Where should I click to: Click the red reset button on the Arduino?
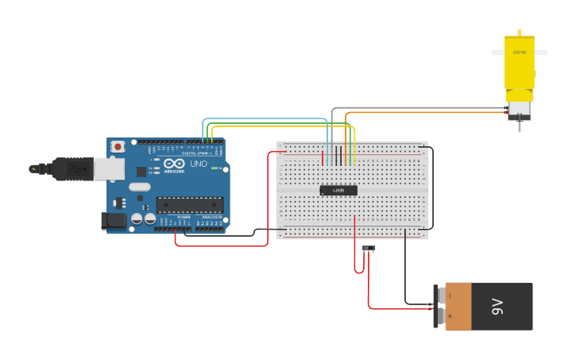tap(118, 147)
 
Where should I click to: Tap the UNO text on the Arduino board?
tap(198, 165)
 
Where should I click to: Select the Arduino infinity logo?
tap(174, 164)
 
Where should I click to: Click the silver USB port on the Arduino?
tap(109, 168)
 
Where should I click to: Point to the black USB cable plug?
tap(72, 168)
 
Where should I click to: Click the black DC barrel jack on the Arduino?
tap(114, 221)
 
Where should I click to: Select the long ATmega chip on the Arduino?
tap(189, 204)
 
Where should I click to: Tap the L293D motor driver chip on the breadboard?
tap(338, 190)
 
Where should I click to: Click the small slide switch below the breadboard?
tap(369, 248)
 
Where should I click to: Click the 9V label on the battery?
tap(498, 306)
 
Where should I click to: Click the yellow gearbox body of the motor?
tap(519, 68)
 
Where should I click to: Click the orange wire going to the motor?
tap(421, 113)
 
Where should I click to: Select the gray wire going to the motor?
tap(413, 107)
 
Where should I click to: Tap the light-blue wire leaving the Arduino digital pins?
tap(262, 119)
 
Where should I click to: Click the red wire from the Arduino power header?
tap(222, 246)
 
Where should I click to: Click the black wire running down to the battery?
tap(405, 270)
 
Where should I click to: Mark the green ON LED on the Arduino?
tap(215, 168)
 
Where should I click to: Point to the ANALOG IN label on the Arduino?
tap(211, 217)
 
